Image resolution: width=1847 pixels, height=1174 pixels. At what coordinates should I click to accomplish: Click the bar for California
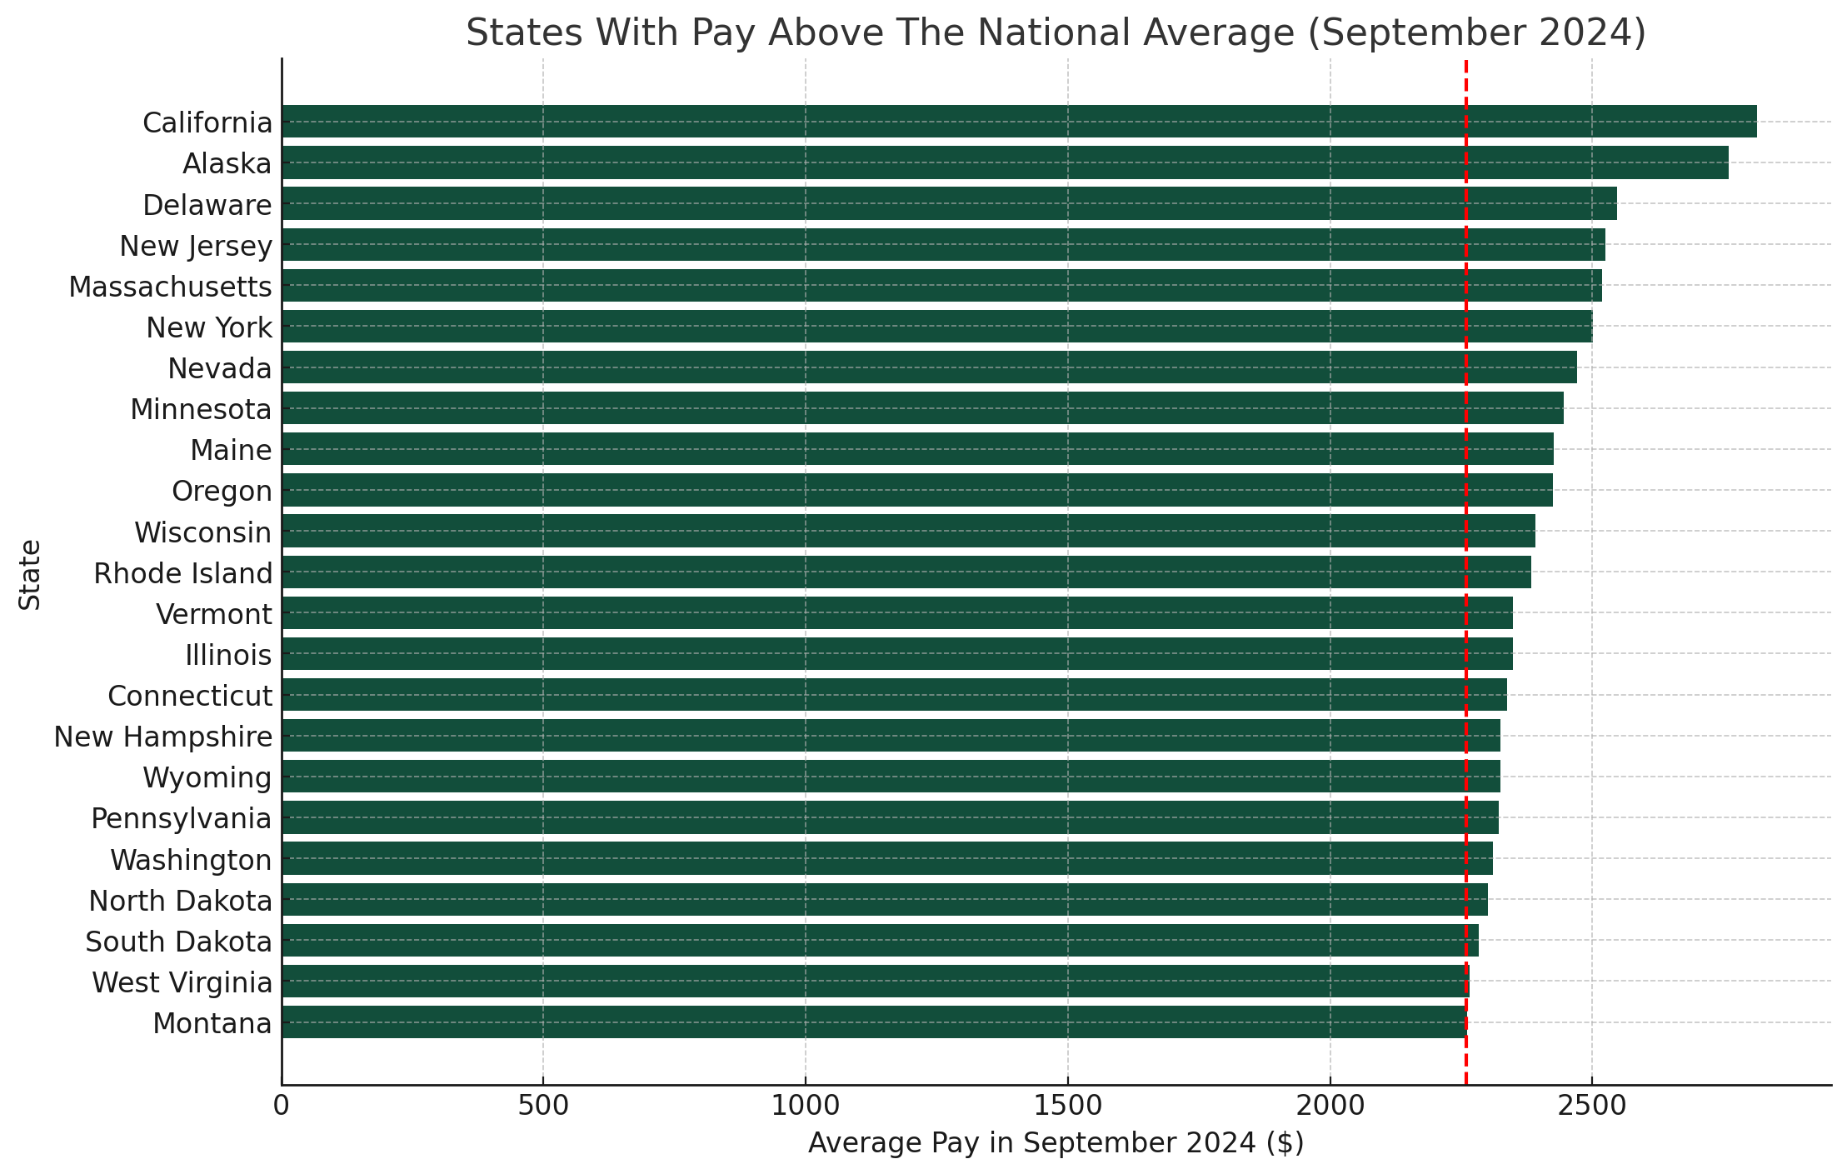[1018, 122]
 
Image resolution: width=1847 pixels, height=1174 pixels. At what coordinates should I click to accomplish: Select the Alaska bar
[1004, 162]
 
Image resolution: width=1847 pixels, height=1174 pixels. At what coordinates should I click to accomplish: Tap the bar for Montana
[873, 1022]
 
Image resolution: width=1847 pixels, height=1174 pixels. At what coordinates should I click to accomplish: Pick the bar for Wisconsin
[907, 531]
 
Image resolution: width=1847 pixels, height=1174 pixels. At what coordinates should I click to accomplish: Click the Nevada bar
[928, 367]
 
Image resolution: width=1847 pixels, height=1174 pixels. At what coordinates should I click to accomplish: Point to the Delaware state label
[207, 205]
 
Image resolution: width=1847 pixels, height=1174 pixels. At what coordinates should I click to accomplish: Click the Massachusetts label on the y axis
[170, 287]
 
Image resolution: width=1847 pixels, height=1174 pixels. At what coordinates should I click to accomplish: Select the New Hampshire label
[162, 737]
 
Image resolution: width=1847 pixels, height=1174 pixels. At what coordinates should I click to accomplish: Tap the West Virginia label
[182, 982]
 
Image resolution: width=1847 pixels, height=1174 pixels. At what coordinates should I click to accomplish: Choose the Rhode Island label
[182, 573]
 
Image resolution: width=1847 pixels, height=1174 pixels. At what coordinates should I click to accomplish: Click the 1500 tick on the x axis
[1067, 1107]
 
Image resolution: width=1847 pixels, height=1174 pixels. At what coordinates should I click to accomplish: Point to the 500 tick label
[542, 1107]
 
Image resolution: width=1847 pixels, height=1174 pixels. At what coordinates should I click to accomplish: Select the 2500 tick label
[1591, 1107]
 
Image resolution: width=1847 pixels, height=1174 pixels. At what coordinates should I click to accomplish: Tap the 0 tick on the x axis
[282, 1107]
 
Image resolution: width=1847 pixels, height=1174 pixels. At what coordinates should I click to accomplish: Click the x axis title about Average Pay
[1056, 1143]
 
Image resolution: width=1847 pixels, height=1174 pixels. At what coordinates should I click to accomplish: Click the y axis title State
[30, 574]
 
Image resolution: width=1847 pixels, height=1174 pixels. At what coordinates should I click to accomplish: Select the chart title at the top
[1056, 33]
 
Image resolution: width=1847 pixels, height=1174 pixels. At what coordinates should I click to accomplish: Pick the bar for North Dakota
[884, 900]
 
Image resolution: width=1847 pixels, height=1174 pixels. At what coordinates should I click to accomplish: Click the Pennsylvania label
[181, 818]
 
